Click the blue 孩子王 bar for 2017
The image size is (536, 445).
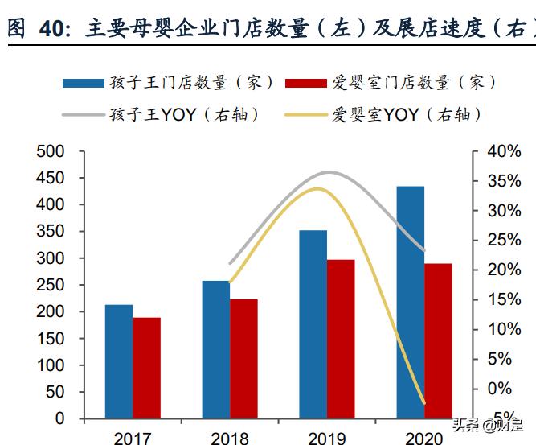pyautogui.click(x=119, y=361)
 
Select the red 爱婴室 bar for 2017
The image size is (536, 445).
pyautogui.click(x=147, y=368)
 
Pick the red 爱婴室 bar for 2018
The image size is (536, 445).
pyautogui.click(x=243, y=359)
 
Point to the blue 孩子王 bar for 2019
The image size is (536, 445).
pyautogui.click(x=313, y=324)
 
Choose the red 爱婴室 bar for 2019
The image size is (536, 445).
pyautogui.click(x=341, y=339)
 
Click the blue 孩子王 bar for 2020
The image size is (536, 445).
pyautogui.click(x=410, y=303)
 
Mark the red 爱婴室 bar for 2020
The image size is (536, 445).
pyautogui.click(x=438, y=340)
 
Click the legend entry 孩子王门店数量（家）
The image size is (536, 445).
pyautogui.click(x=168, y=82)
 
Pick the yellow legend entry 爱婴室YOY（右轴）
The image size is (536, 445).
pyautogui.click(x=384, y=114)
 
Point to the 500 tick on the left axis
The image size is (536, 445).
pyautogui.click(x=50, y=151)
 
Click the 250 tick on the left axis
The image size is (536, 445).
pyautogui.click(x=50, y=285)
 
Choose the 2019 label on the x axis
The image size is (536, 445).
pyautogui.click(x=326, y=438)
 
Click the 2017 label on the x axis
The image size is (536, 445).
pyautogui.click(x=133, y=438)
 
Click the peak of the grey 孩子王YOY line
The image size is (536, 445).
pyautogui.click(x=328, y=172)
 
